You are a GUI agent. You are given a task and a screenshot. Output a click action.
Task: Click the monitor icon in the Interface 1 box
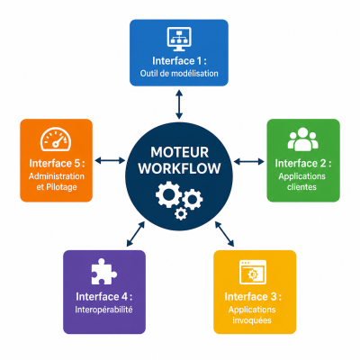click(x=179, y=39)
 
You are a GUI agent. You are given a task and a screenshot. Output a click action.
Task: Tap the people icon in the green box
click(x=303, y=139)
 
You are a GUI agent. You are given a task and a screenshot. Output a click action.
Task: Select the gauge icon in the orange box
click(x=56, y=139)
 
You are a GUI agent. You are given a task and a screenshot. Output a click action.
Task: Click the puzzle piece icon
click(x=103, y=272)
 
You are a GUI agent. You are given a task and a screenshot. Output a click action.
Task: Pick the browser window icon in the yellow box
click(x=253, y=272)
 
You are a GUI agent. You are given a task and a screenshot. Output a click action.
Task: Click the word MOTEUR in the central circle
click(x=179, y=152)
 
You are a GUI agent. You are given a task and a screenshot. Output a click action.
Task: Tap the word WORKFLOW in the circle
click(x=179, y=168)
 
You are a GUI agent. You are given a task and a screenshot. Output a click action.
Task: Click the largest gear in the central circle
click(x=168, y=194)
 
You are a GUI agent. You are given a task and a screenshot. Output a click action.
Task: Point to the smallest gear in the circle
click(x=181, y=213)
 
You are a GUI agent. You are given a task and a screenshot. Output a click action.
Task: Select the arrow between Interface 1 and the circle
click(x=179, y=104)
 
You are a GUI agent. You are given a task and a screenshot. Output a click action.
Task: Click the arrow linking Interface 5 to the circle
click(x=110, y=161)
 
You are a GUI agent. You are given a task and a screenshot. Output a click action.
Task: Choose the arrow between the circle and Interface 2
click(x=248, y=162)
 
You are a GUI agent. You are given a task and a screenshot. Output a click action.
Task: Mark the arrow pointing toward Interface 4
click(x=136, y=234)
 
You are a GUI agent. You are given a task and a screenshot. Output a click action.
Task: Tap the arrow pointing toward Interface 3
click(x=224, y=234)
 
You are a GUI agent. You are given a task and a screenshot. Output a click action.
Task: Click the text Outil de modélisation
click(x=179, y=74)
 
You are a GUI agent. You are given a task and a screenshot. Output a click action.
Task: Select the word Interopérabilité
click(x=103, y=310)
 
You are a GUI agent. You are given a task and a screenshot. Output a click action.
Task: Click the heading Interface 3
click(x=253, y=297)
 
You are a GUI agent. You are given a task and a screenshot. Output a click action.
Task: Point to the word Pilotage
click(x=61, y=187)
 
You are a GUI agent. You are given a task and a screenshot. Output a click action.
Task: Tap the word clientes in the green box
click(x=301, y=187)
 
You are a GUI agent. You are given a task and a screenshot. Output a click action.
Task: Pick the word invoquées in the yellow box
click(x=252, y=320)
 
